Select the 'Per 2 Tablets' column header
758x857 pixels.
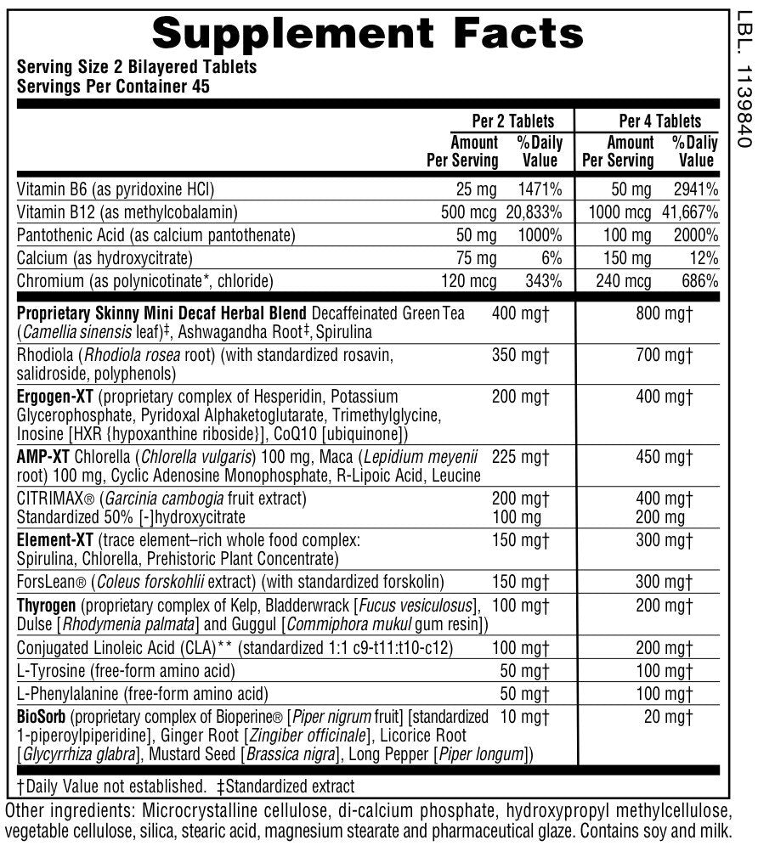coord(512,121)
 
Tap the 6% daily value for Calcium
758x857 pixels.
coord(552,257)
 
